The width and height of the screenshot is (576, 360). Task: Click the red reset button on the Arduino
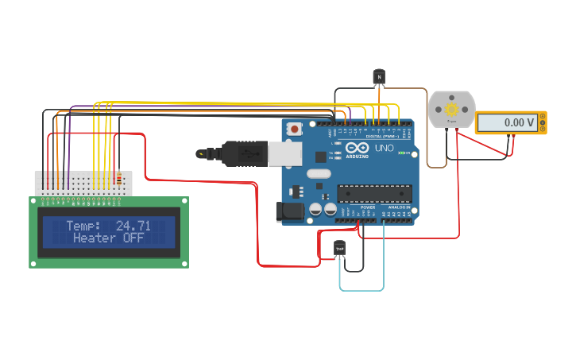[x=295, y=128]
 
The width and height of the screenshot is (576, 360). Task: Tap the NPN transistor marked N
[x=379, y=76]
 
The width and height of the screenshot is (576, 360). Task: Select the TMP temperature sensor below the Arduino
[x=340, y=249]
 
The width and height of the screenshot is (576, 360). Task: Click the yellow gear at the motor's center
[x=452, y=110]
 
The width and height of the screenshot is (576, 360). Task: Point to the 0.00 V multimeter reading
[x=508, y=122]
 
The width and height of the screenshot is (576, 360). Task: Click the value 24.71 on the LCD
[x=133, y=226]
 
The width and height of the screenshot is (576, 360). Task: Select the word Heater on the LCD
[x=95, y=238]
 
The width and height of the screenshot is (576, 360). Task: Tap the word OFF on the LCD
[x=133, y=238]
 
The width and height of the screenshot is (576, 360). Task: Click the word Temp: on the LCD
[x=83, y=226]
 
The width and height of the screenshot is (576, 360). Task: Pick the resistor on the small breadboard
[x=119, y=179]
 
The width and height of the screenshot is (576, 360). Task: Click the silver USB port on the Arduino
[x=284, y=153]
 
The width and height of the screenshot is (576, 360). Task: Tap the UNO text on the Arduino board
[x=384, y=147]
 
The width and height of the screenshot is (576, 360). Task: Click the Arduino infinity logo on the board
[x=356, y=149]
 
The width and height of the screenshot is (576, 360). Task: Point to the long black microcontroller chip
[x=374, y=193]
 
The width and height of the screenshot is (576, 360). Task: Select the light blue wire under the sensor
[x=362, y=290]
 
